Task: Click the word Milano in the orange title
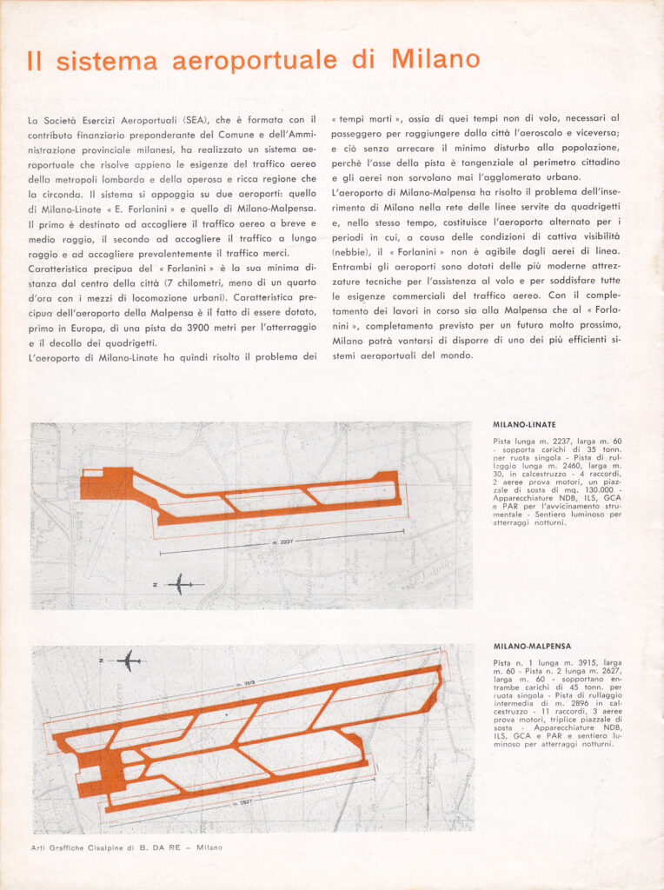[x=435, y=59]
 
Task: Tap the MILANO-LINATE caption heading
[x=525, y=425]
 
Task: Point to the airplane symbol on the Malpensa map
[x=129, y=661]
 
